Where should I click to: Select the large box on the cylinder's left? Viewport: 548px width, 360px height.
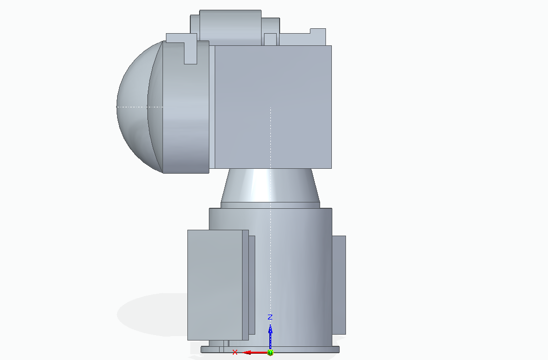pyautogui.click(x=215, y=285)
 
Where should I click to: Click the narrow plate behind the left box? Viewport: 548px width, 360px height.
pyautogui.click(x=251, y=285)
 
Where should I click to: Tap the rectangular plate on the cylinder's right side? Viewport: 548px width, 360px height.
pyautogui.click(x=339, y=285)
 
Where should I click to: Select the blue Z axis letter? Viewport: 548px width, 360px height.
pyautogui.click(x=270, y=317)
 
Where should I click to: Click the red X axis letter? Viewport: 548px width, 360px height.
pyautogui.click(x=235, y=352)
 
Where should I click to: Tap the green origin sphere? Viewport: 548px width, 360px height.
pyautogui.click(x=270, y=352)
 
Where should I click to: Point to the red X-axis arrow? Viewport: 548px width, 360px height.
pyautogui.click(x=254, y=352)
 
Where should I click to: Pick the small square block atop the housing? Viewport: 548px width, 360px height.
pyautogui.click(x=270, y=39)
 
